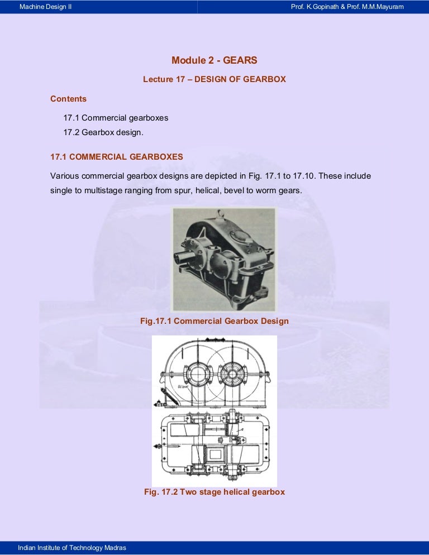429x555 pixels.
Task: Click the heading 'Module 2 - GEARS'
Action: pyautogui.click(x=214, y=60)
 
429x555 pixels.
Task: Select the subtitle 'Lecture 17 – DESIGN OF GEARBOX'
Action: pyautogui.click(x=214, y=79)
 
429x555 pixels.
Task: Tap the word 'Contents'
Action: pyautogui.click(x=68, y=99)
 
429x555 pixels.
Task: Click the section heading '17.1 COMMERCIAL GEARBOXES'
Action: pyautogui.click(x=116, y=157)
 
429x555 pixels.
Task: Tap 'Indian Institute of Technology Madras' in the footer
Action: pyautogui.click(x=72, y=548)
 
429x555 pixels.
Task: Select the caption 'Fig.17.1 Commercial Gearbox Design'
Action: pyautogui.click(x=214, y=321)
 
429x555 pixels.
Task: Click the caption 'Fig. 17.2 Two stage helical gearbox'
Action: pyautogui.click(x=214, y=492)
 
